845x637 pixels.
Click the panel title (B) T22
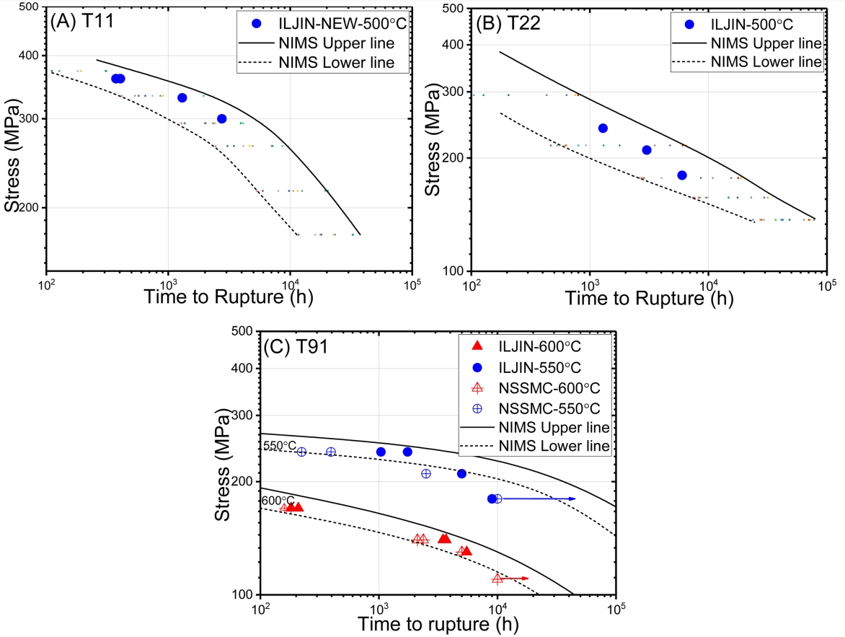pos(508,21)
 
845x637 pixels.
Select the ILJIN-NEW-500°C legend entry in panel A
pos(332,23)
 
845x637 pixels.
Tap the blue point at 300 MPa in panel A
pos(222,118)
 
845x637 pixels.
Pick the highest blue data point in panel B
pos(603,128)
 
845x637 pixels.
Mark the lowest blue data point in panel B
pos(682,175)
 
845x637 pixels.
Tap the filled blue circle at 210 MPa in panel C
pos(461,474)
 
